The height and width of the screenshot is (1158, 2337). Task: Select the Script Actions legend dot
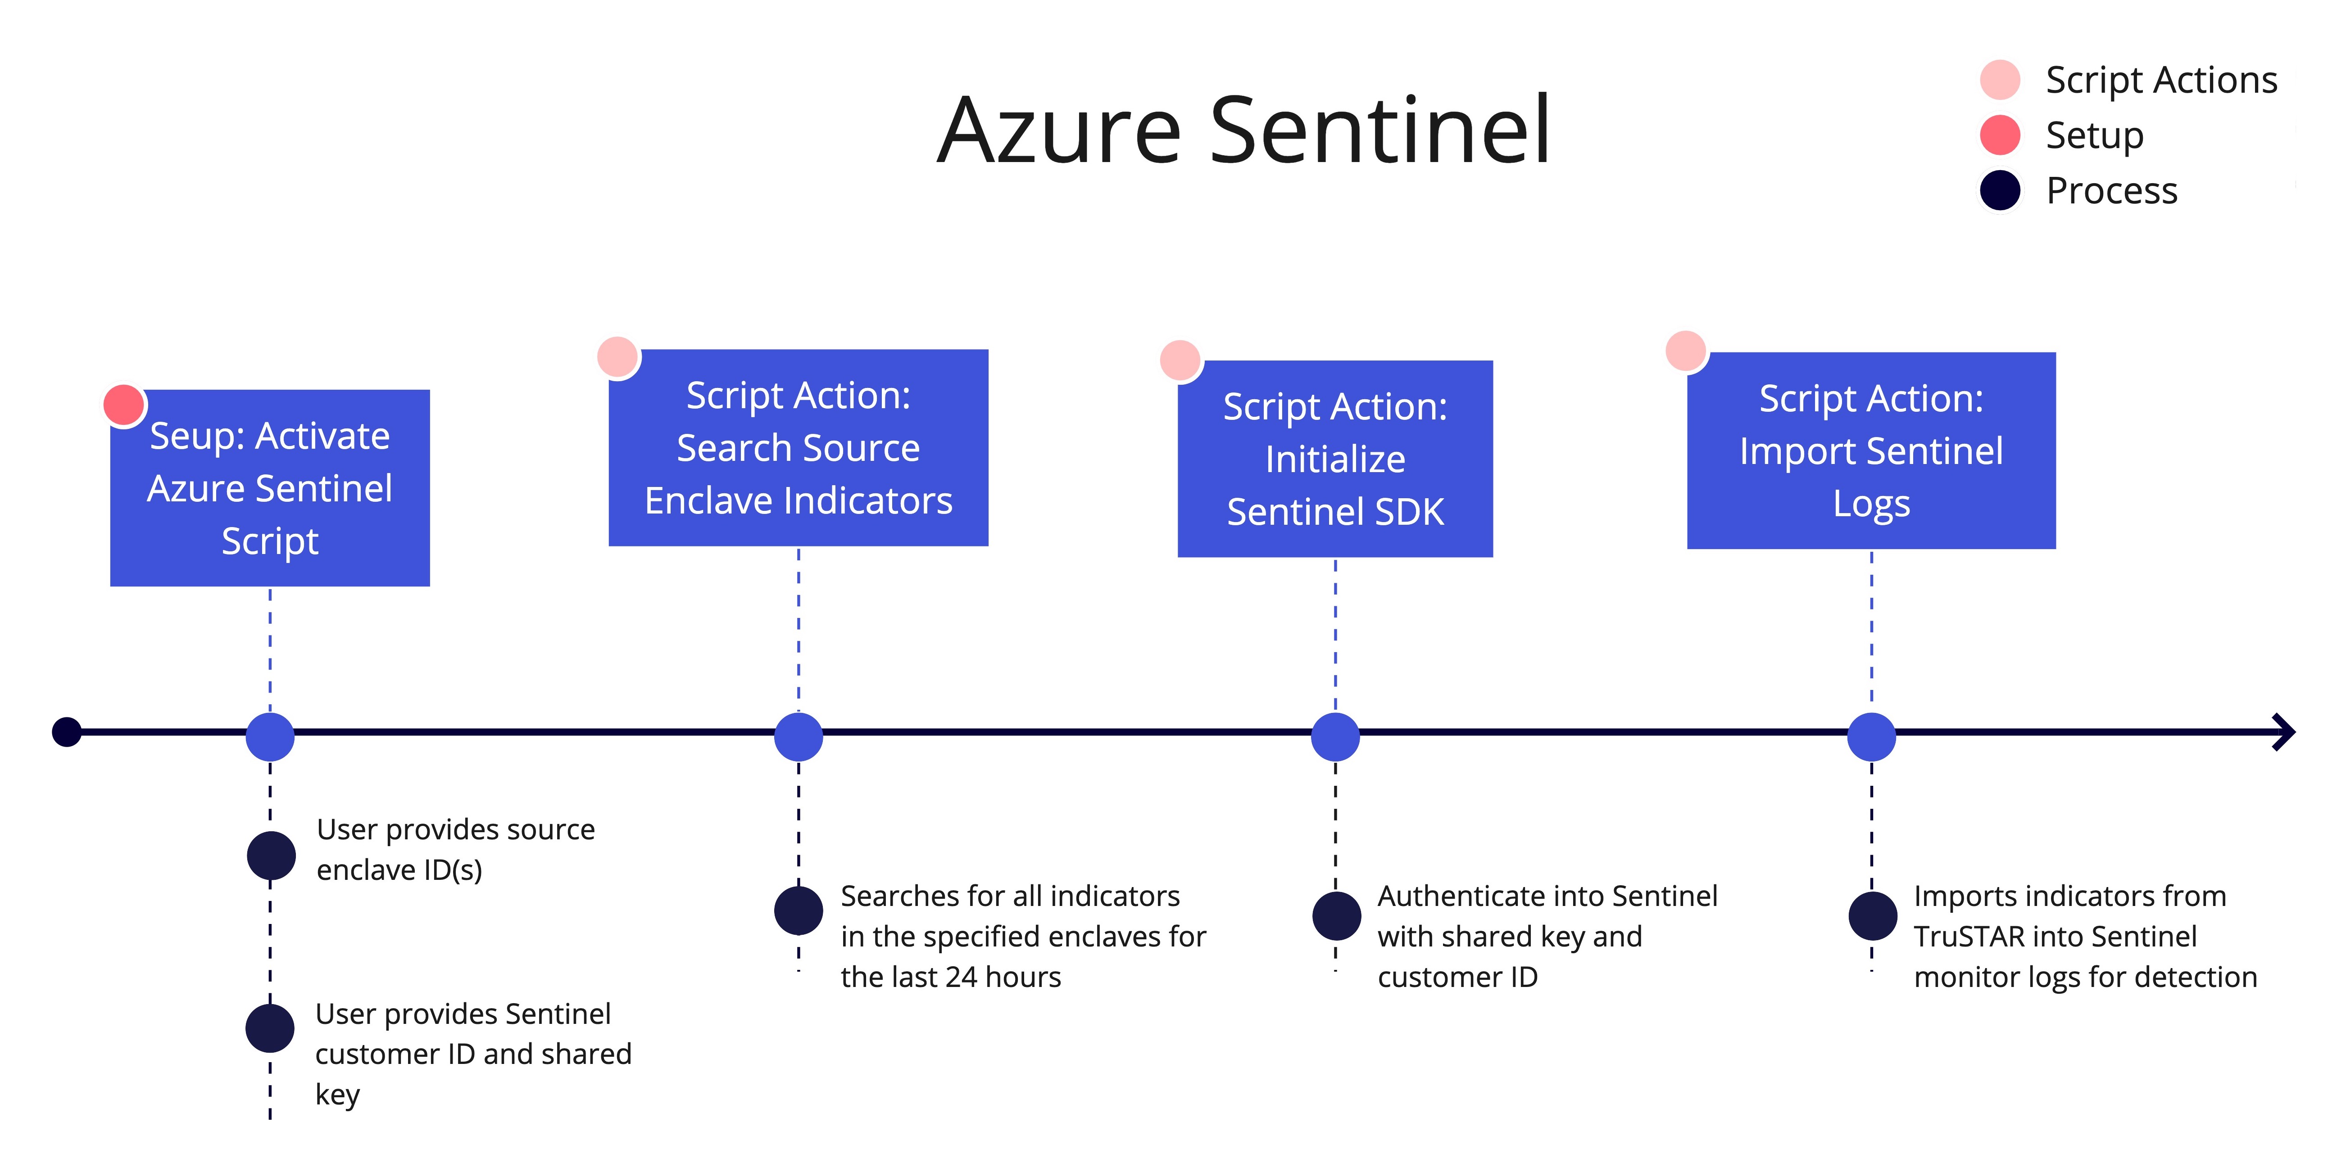[x=2000, y=80]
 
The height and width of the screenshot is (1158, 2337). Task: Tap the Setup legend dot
[x=2000, y=135]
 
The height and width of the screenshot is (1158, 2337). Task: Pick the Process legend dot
[x=2000, y=190]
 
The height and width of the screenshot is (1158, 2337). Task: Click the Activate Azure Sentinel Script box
[x=269, y=488]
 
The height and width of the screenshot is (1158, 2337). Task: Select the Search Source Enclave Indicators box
[x=799, y=448]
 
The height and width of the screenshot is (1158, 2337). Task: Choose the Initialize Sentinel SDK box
[x=1335, y=459]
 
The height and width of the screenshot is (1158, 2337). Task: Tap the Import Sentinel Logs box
[x=1872, y=451]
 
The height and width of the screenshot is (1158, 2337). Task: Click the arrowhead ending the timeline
[x=2284, y=732]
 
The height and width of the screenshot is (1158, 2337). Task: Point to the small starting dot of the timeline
[x=66, y=732]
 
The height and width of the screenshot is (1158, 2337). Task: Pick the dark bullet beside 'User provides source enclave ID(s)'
[x=271, y=855]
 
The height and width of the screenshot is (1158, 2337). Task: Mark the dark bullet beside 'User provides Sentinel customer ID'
[x=269, y=1027]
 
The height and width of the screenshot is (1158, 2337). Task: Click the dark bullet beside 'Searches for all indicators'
[x=799, y=910]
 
